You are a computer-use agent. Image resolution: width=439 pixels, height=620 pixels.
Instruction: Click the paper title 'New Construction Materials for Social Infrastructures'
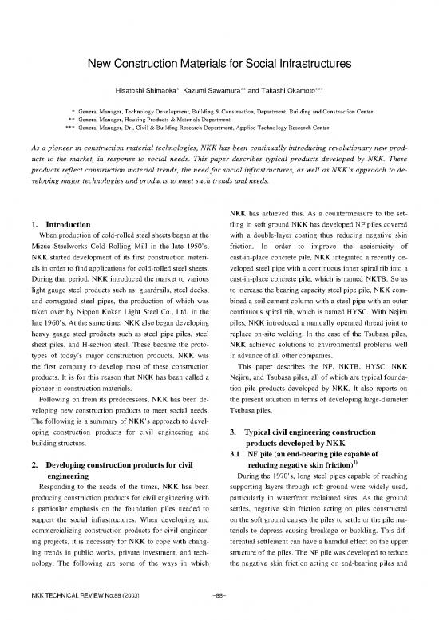219,63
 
